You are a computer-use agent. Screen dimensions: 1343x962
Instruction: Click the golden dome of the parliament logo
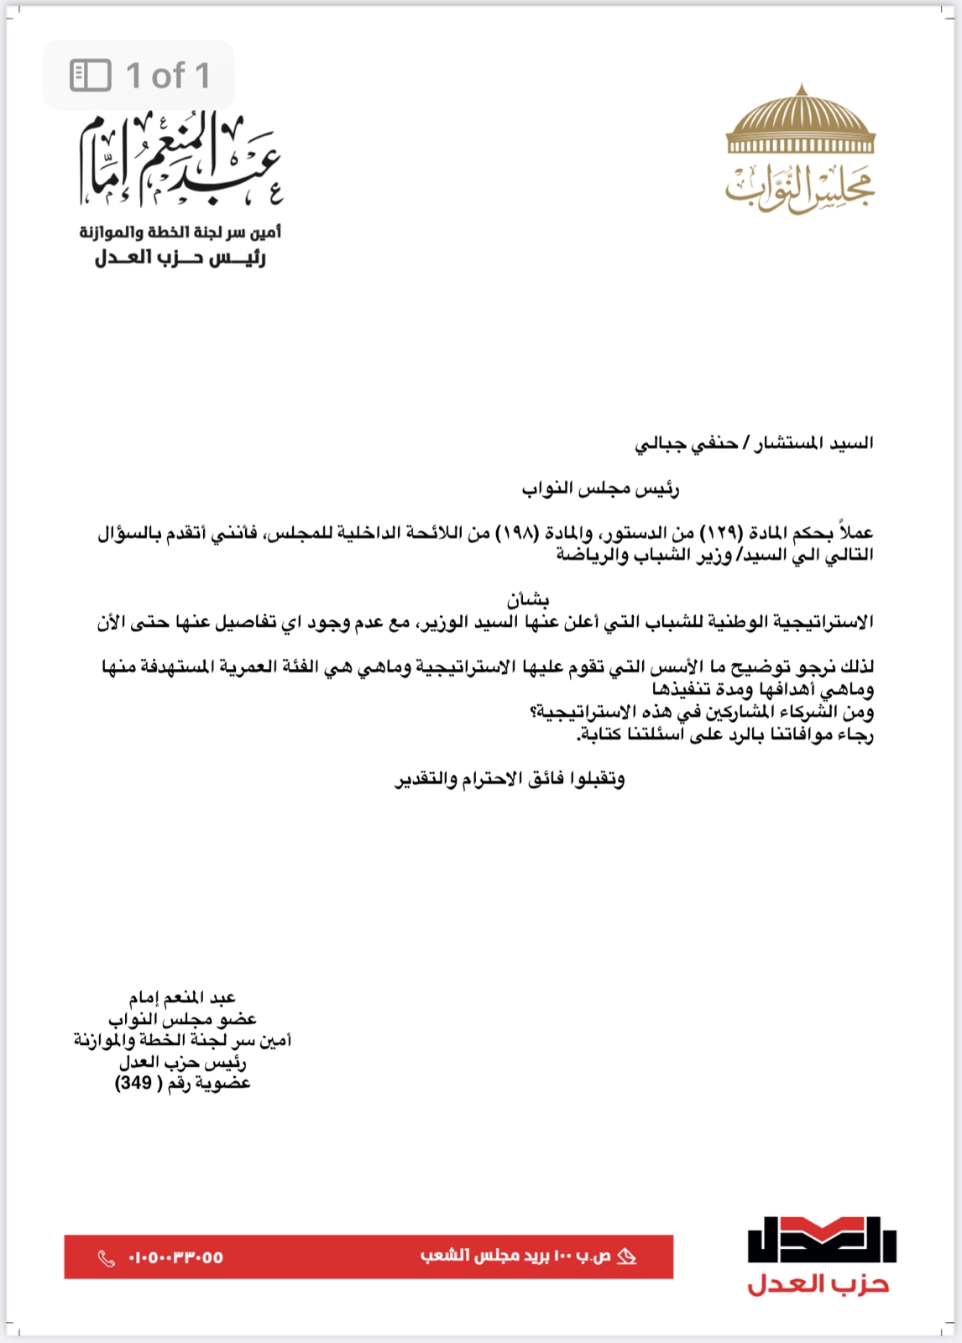(801, 121)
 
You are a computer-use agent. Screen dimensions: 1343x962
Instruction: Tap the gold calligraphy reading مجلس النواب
(800, 187)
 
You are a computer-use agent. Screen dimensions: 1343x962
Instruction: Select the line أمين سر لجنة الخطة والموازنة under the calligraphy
(180, 232)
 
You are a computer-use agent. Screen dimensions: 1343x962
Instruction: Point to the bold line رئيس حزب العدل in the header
(180, 258)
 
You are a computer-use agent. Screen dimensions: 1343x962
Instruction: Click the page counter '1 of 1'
(168, 76)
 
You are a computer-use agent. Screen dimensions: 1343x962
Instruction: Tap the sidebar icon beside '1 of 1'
(91, 76)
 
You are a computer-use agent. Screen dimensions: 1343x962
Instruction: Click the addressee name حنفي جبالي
(686, 443)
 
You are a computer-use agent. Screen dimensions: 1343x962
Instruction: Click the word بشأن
(528, 599)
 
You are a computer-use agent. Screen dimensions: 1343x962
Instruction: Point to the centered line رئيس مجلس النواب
(600, 489)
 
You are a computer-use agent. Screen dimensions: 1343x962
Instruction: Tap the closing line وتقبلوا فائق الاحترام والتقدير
(510, 780)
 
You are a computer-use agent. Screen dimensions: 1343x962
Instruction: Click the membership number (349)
(133, 1084)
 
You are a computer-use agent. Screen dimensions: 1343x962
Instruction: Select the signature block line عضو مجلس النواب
(182, 1019)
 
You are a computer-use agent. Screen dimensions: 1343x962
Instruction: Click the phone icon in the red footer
(107, 1257)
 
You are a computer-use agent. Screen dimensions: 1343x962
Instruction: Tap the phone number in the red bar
(175, 1257)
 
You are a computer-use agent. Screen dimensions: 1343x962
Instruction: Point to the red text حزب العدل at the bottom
(818, 1284)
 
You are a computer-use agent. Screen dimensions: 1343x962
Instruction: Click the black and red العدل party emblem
(822, 1239)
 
